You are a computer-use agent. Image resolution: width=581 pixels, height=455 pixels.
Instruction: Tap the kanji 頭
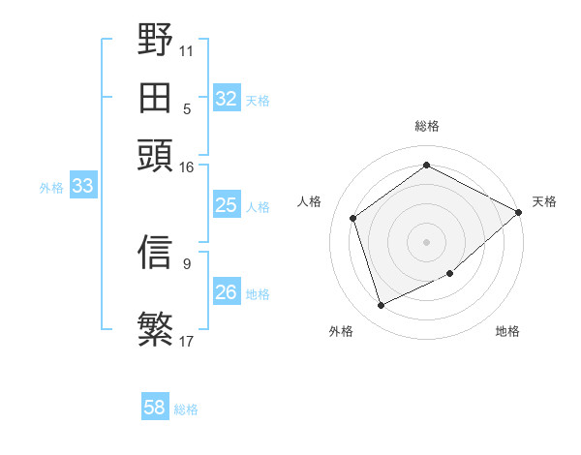155,154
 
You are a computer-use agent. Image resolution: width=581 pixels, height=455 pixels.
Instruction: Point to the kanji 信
155,253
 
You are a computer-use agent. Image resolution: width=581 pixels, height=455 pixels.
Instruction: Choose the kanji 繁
155,328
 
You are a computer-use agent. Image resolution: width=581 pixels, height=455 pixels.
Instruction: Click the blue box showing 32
227,99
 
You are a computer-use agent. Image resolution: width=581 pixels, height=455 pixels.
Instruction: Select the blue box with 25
227,205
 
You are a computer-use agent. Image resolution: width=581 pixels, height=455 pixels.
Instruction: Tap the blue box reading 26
227,292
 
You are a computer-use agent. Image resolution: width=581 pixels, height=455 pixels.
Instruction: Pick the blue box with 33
82,187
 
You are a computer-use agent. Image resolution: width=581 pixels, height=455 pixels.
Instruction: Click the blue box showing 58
155,408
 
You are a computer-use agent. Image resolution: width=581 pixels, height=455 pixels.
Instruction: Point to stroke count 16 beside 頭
186,167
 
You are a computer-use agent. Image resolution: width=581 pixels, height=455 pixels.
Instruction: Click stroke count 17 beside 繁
186,341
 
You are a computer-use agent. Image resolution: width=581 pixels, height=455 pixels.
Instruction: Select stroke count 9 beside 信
186,263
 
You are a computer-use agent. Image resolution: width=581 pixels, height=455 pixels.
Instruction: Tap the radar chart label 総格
426,126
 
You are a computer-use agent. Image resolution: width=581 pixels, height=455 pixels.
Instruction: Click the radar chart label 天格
544,201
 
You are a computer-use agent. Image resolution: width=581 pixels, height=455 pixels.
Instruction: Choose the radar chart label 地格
507,331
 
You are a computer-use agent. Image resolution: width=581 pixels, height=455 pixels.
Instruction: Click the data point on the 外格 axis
381,306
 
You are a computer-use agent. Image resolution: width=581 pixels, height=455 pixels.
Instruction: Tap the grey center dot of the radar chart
426,241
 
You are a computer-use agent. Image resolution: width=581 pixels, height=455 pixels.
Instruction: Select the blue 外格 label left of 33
51,188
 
